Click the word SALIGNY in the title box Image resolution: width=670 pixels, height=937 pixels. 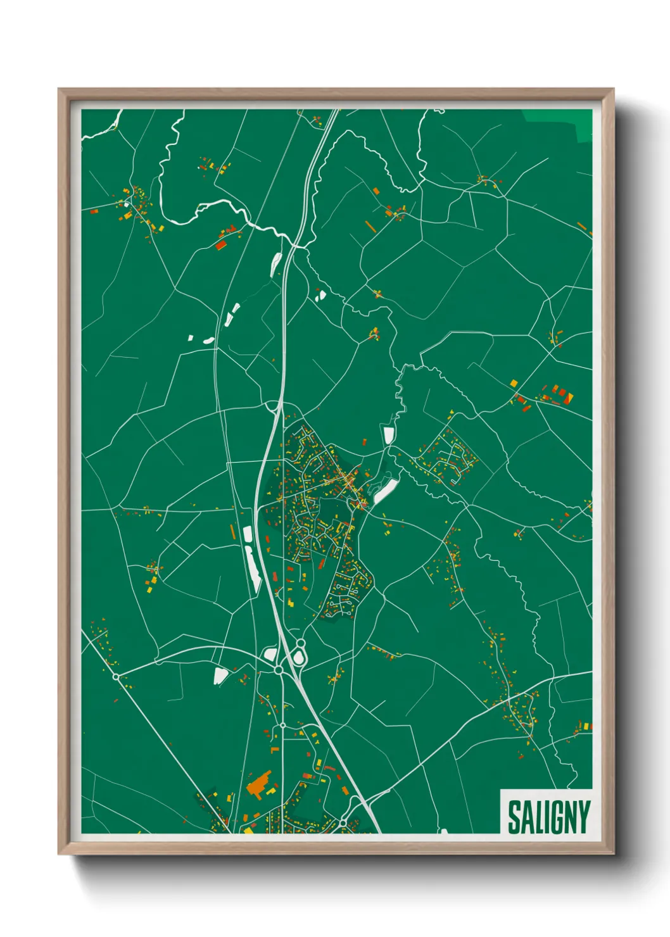pos(548,817)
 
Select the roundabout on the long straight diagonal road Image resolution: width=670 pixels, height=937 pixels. pos(116,676)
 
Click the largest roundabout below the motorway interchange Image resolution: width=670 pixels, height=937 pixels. pos(278,669)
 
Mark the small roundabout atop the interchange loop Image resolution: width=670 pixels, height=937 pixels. pos(300,643)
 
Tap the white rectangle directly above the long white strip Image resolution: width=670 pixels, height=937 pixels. pos(248,534)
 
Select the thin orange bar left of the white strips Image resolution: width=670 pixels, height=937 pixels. pos(232,531)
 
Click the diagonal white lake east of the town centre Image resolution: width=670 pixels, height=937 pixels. pos(386,491)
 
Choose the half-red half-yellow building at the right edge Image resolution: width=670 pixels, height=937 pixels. pos(569,397)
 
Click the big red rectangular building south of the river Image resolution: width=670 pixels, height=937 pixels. pos(220,244)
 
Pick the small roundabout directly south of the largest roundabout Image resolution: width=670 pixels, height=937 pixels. pos(282,726)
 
